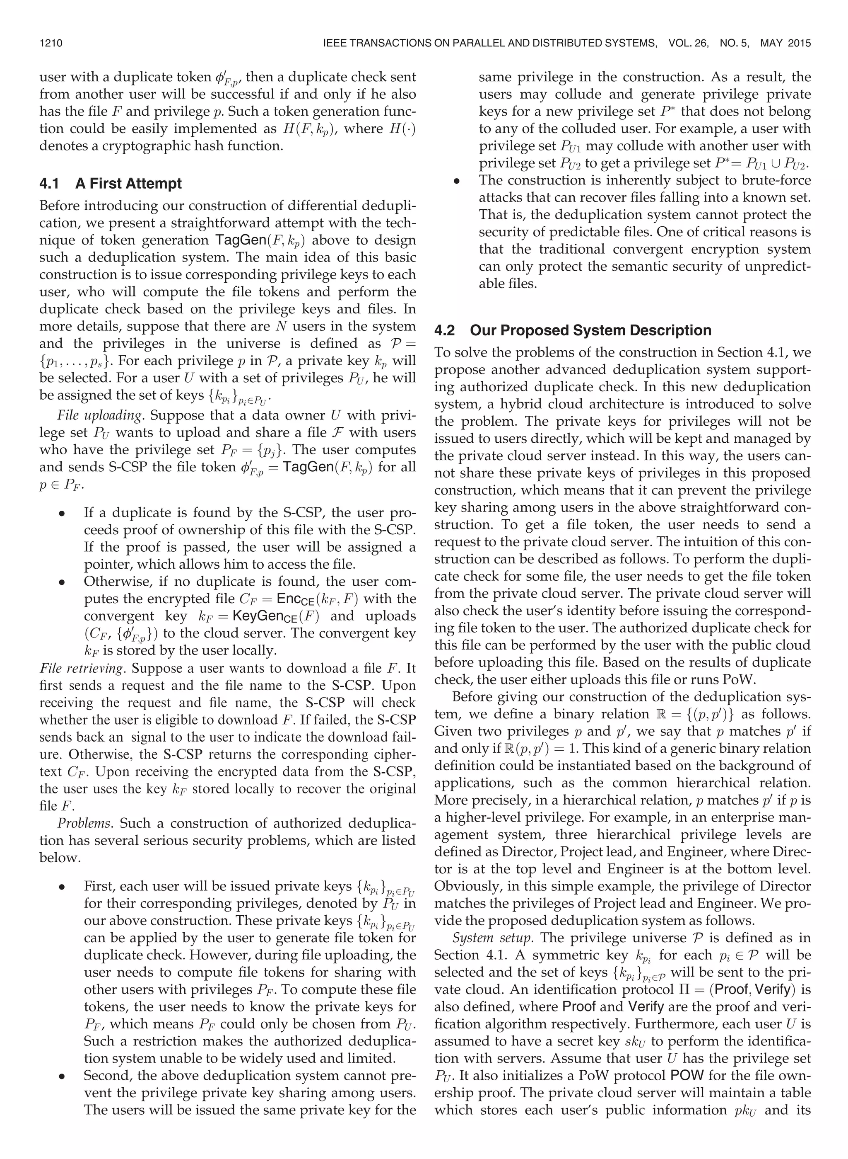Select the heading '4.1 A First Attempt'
(111, 183)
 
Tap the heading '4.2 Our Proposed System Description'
(572, 330)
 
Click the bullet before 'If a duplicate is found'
(62, 513)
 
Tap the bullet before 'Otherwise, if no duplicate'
(62, 582)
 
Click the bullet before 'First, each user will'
(62, 887)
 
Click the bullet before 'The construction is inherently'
(456, 181)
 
